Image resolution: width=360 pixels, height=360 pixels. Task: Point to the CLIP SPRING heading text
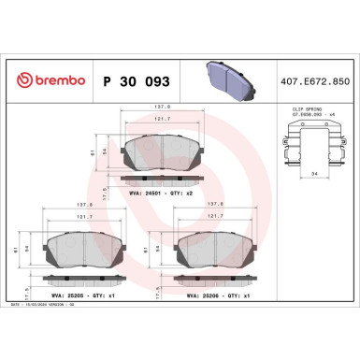coord(300,109)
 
